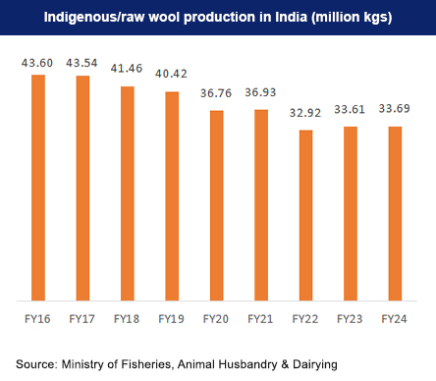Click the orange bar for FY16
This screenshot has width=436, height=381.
point(37,187)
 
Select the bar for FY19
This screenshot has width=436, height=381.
point(171,195)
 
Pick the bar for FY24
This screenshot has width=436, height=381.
point(394,212)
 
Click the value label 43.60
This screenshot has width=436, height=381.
point(37,62)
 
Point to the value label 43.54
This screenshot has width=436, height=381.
point(82,63)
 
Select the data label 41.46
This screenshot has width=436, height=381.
point(127,73)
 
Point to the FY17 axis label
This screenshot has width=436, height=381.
point(82,319)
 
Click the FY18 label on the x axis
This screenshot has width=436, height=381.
point(127,319)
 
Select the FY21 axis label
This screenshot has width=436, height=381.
point(260,319)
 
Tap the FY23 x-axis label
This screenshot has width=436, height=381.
point(350,319)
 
